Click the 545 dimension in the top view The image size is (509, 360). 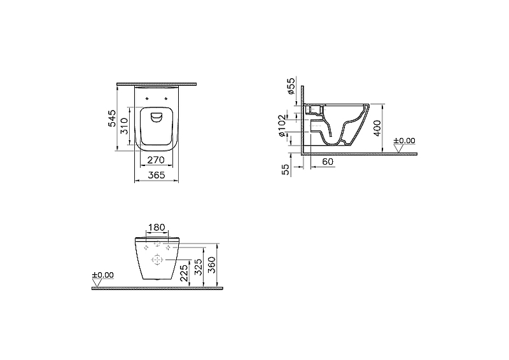coord(111,118)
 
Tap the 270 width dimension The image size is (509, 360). coord(157,160)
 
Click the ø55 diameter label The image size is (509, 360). coord(291,86)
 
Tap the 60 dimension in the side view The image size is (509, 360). coord(328,163)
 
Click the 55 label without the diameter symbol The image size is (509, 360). coord(286,169)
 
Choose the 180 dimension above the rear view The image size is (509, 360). coord(157,228)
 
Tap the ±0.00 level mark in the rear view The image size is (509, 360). coord(102,275)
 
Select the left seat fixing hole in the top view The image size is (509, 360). coord(147,99)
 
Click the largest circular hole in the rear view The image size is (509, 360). coord(157,260)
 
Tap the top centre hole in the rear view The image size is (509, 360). coord(157,246)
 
